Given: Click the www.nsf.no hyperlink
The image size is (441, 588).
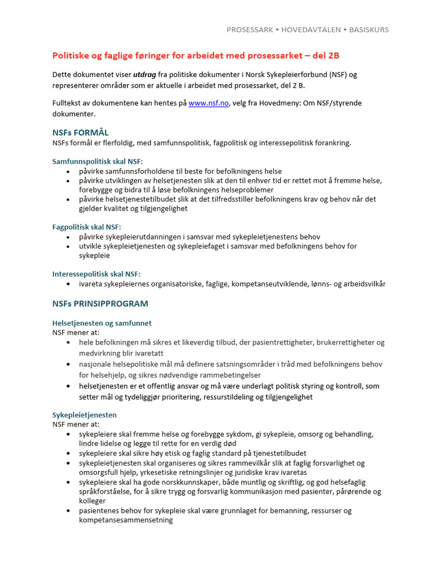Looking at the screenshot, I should click(x=208, y=103).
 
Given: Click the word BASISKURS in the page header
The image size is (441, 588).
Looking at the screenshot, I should click(x=368, y=29).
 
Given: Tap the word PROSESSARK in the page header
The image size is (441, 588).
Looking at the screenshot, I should click(x=250, y=29).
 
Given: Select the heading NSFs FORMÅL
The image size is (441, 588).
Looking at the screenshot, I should click(x=80, y=133).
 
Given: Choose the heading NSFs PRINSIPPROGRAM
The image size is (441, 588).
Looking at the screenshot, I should click(x=100, y=304).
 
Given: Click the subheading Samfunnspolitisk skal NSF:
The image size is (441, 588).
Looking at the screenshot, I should click(x=98, y=161).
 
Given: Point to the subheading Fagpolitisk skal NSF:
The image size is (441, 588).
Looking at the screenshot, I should click(x=87, y=227).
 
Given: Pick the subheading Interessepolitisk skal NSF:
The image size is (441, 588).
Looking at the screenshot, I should click(x=96, y=274).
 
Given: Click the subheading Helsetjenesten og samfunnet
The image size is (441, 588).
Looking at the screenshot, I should click(x=102, y=323).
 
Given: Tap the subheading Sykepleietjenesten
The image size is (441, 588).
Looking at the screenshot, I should click(x=84, y=415).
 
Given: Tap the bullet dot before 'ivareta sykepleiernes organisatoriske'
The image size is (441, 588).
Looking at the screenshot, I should click(x=69, y=284).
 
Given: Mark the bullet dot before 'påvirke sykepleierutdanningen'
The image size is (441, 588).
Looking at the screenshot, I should click(x=69, y=237).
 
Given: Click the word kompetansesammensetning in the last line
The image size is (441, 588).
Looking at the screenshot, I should click(x=126, y=520).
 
